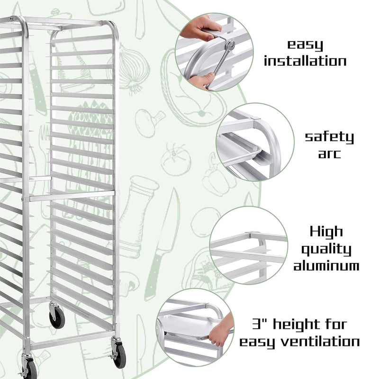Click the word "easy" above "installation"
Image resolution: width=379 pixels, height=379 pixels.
(x=306, y=45)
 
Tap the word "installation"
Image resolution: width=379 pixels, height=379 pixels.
(x=305, y=61)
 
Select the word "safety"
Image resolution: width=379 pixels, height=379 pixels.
(x=329, y=138)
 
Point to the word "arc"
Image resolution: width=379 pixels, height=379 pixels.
(x=329, y=154)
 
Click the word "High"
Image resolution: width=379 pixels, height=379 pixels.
(x=326, y=232)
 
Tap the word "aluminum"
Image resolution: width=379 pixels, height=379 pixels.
(x=326, y=266)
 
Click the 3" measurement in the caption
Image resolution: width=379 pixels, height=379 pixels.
(x=261, y=325)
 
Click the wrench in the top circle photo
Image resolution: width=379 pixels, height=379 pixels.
(x=222, y=59)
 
